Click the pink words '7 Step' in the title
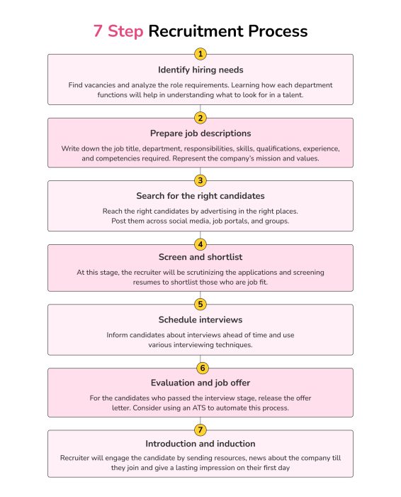point(118,31)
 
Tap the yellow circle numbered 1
point(200,54)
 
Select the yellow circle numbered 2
point(200,118)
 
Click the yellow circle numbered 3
point(200,180)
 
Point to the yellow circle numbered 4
point(200,244)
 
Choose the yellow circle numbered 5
point(200,305)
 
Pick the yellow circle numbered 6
point(200,368)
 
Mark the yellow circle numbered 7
point(200,430)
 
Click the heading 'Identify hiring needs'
point(200,70)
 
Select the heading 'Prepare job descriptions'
point(200,133)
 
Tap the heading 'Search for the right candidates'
point(200,196)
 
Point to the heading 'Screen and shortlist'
point(200,257)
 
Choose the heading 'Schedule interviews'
point(200,319)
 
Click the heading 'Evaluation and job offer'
point(200,383)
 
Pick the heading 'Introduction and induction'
point(200,444)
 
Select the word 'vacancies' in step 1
point(103,84)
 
